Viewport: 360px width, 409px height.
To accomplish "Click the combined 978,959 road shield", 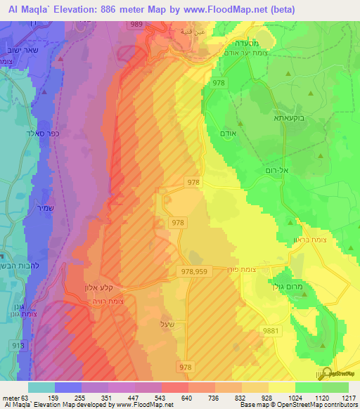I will [x=193, y=271].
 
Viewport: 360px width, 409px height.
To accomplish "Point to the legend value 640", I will [x=186, y=397].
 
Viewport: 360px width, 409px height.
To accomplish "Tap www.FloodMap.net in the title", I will [x=228, y=8].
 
